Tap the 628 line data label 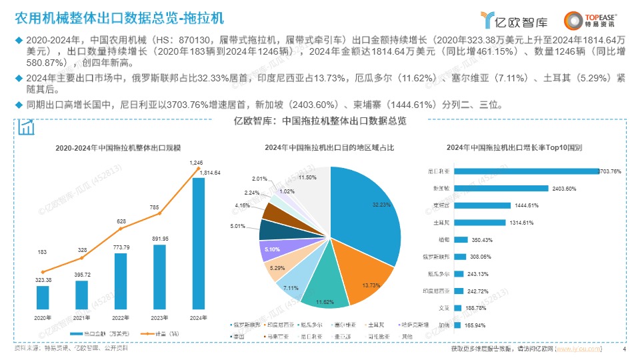121,221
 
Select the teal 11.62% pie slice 324,294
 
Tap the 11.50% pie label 307,178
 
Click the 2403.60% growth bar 501,188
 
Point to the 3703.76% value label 611,171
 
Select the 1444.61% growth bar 482,205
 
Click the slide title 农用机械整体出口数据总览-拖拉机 120,17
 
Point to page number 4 624,349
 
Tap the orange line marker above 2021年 81,258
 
